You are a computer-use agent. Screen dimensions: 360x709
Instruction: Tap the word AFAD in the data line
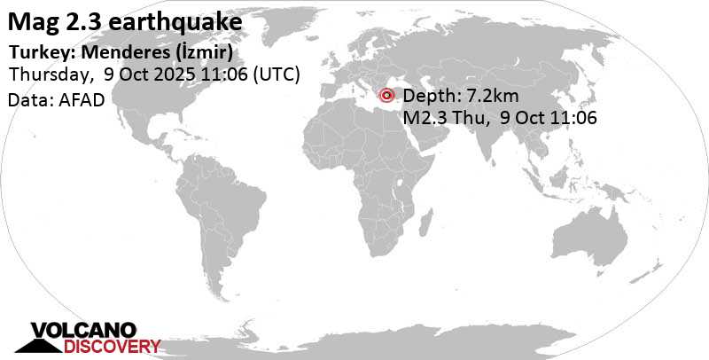(82, 99)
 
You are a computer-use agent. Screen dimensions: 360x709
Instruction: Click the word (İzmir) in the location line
(206, 51)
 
